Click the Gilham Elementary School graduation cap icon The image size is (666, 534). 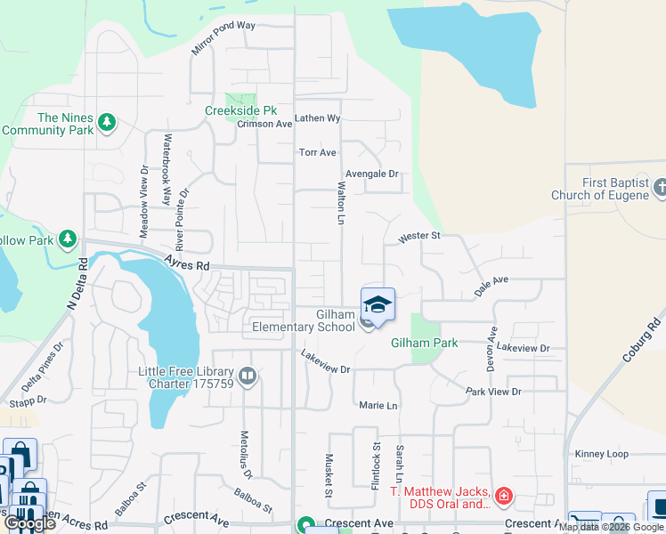click(378, 305)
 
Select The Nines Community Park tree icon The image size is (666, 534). click(107, 121)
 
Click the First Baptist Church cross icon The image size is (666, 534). click(660, 188)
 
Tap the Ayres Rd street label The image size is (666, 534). click(186, 263)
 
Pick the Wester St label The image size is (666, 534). click(419, 237)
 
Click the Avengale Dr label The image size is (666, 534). click(371, 174)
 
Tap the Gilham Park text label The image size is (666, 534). click(425, 343)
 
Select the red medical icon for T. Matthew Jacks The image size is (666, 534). click(503, 495)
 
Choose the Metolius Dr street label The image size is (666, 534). click(245, 454)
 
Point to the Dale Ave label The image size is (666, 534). click(491, 280)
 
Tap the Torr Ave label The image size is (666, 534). click(317, 152)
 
